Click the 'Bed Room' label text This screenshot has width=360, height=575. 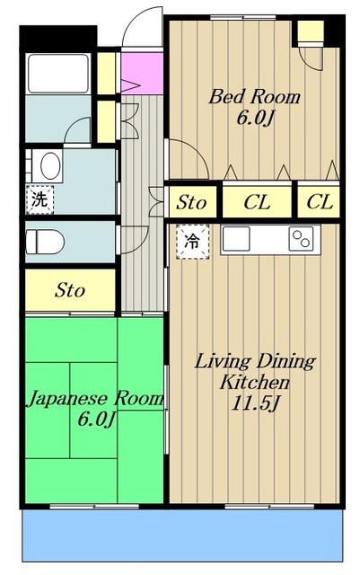point(254,97)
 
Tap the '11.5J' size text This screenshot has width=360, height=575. point(256,403)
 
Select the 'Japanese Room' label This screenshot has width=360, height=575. point(94,399)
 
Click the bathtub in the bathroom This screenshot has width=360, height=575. point(58,74)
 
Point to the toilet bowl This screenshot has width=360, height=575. point(45,242)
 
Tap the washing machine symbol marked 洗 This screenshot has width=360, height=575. point(40,199)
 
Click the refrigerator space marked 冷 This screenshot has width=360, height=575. point(192,242)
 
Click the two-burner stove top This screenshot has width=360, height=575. point(301,239)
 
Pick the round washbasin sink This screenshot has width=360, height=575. point(50,165)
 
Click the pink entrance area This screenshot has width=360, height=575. point(142,74)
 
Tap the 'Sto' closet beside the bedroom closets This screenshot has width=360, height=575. point(191,202)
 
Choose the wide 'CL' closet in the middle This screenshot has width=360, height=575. point(257,202)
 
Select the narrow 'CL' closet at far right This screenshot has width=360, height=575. point(319,202)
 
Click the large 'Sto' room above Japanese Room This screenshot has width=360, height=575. point(70,290)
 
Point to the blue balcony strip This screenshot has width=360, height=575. point(182,535)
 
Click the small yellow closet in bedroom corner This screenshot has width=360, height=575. point(311,31)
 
